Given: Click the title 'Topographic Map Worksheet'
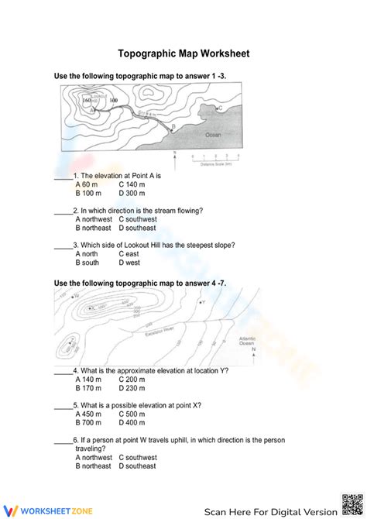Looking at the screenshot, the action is (183, 54).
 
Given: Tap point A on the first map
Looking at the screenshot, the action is (93, 111).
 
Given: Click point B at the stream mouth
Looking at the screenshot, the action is (173, 126).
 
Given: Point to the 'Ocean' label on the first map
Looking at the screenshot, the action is (213, 135).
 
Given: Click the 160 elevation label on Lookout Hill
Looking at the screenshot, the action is (87, 101).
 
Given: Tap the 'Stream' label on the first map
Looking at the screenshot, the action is (146, 114).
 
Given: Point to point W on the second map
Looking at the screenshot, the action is (75, 296).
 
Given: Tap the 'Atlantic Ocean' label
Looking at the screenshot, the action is (248, 341).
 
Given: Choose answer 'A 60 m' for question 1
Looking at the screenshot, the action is (87, 185).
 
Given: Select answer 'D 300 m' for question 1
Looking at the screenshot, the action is (132, 194).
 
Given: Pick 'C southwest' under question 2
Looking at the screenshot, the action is (137, 219).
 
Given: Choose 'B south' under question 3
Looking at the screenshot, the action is (87, 263).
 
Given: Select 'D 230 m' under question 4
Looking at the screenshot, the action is (132, 389).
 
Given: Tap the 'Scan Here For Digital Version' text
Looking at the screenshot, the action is (271, 510).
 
